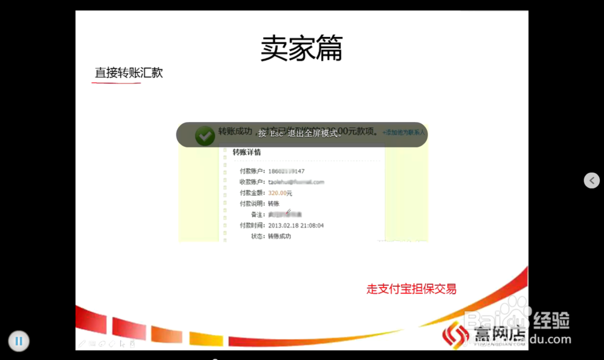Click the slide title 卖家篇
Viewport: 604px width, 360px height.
(x=301, y=48)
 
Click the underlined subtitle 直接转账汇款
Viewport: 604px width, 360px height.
(x=129, y=73)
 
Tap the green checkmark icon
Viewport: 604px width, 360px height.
(x=205, y=136)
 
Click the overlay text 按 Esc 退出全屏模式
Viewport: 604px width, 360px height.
(x=300, y=133)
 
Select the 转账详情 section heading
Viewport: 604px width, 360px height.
(x=247, y=152)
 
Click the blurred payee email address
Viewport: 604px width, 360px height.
(x=296, y=182)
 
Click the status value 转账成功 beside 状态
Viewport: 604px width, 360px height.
(x=280, y=236)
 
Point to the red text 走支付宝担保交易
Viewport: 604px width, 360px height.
(x=411, y=289)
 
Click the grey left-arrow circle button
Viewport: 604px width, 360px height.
(x=592, y=180)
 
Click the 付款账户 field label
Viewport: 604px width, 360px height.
(x=252, y=172)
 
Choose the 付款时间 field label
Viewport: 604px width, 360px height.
(x=252, y=225)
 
